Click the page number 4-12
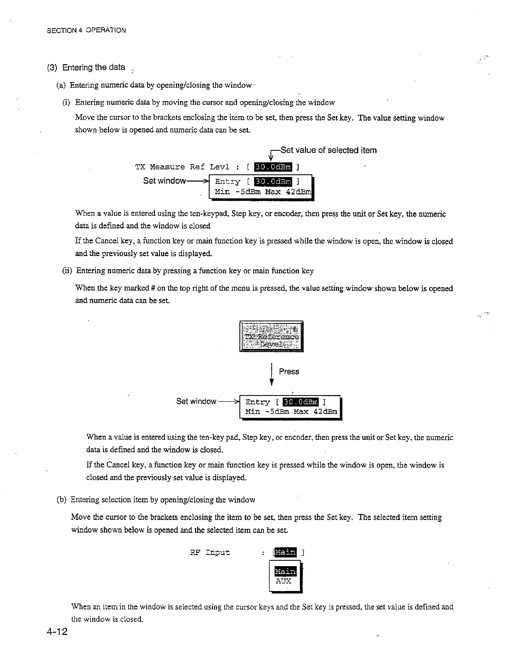[x=58, y=633]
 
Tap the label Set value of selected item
[x=328, y=150]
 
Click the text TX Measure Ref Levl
[x=182, y=167]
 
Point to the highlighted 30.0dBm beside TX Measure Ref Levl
[x=273, y=167]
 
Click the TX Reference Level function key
[x=271, y=336]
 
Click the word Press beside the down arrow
[x=289, y=371]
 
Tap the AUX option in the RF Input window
[x=284, y=581]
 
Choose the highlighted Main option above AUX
[x=285, y=572]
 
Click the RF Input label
[x=210, y=552]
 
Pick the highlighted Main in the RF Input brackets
[x=285, y=552]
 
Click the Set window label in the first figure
[x=164, y=181]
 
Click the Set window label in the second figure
[x=196, y=401]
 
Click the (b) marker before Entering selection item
[x=61, y=499]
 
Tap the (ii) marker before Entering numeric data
[x=67, y=271]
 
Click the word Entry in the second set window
[x=258, y=402]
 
